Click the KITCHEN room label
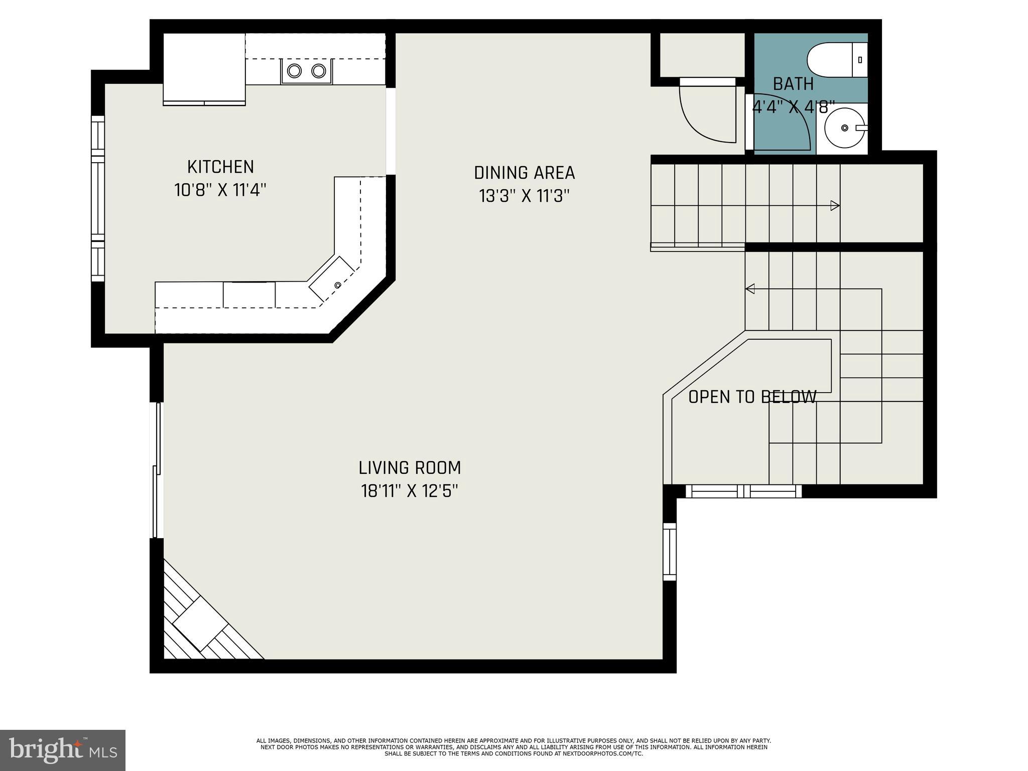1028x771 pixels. tap(220, 167)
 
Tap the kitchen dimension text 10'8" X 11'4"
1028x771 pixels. tap(220, 190)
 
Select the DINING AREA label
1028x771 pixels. tap(524, 173)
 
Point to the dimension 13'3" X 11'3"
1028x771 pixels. tap(524, 196)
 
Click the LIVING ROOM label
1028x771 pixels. tap(410, 468)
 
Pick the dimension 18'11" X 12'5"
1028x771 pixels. tap(410, 491)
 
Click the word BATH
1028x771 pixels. tap(793, 84)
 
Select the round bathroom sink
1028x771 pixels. tap(844, 128)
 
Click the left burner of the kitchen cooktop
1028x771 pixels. tap(294, 71)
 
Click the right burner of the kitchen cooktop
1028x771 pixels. tap(319, 71)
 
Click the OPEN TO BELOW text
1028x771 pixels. tap(752, 397)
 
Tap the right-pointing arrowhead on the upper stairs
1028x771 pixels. tap(835, 205)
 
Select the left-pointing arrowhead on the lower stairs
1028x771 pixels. tap(750, 289)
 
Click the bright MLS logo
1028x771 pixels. tap(63, 750)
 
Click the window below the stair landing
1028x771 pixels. tap(743, 491)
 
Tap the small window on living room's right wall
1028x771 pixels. tap(670, 551)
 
